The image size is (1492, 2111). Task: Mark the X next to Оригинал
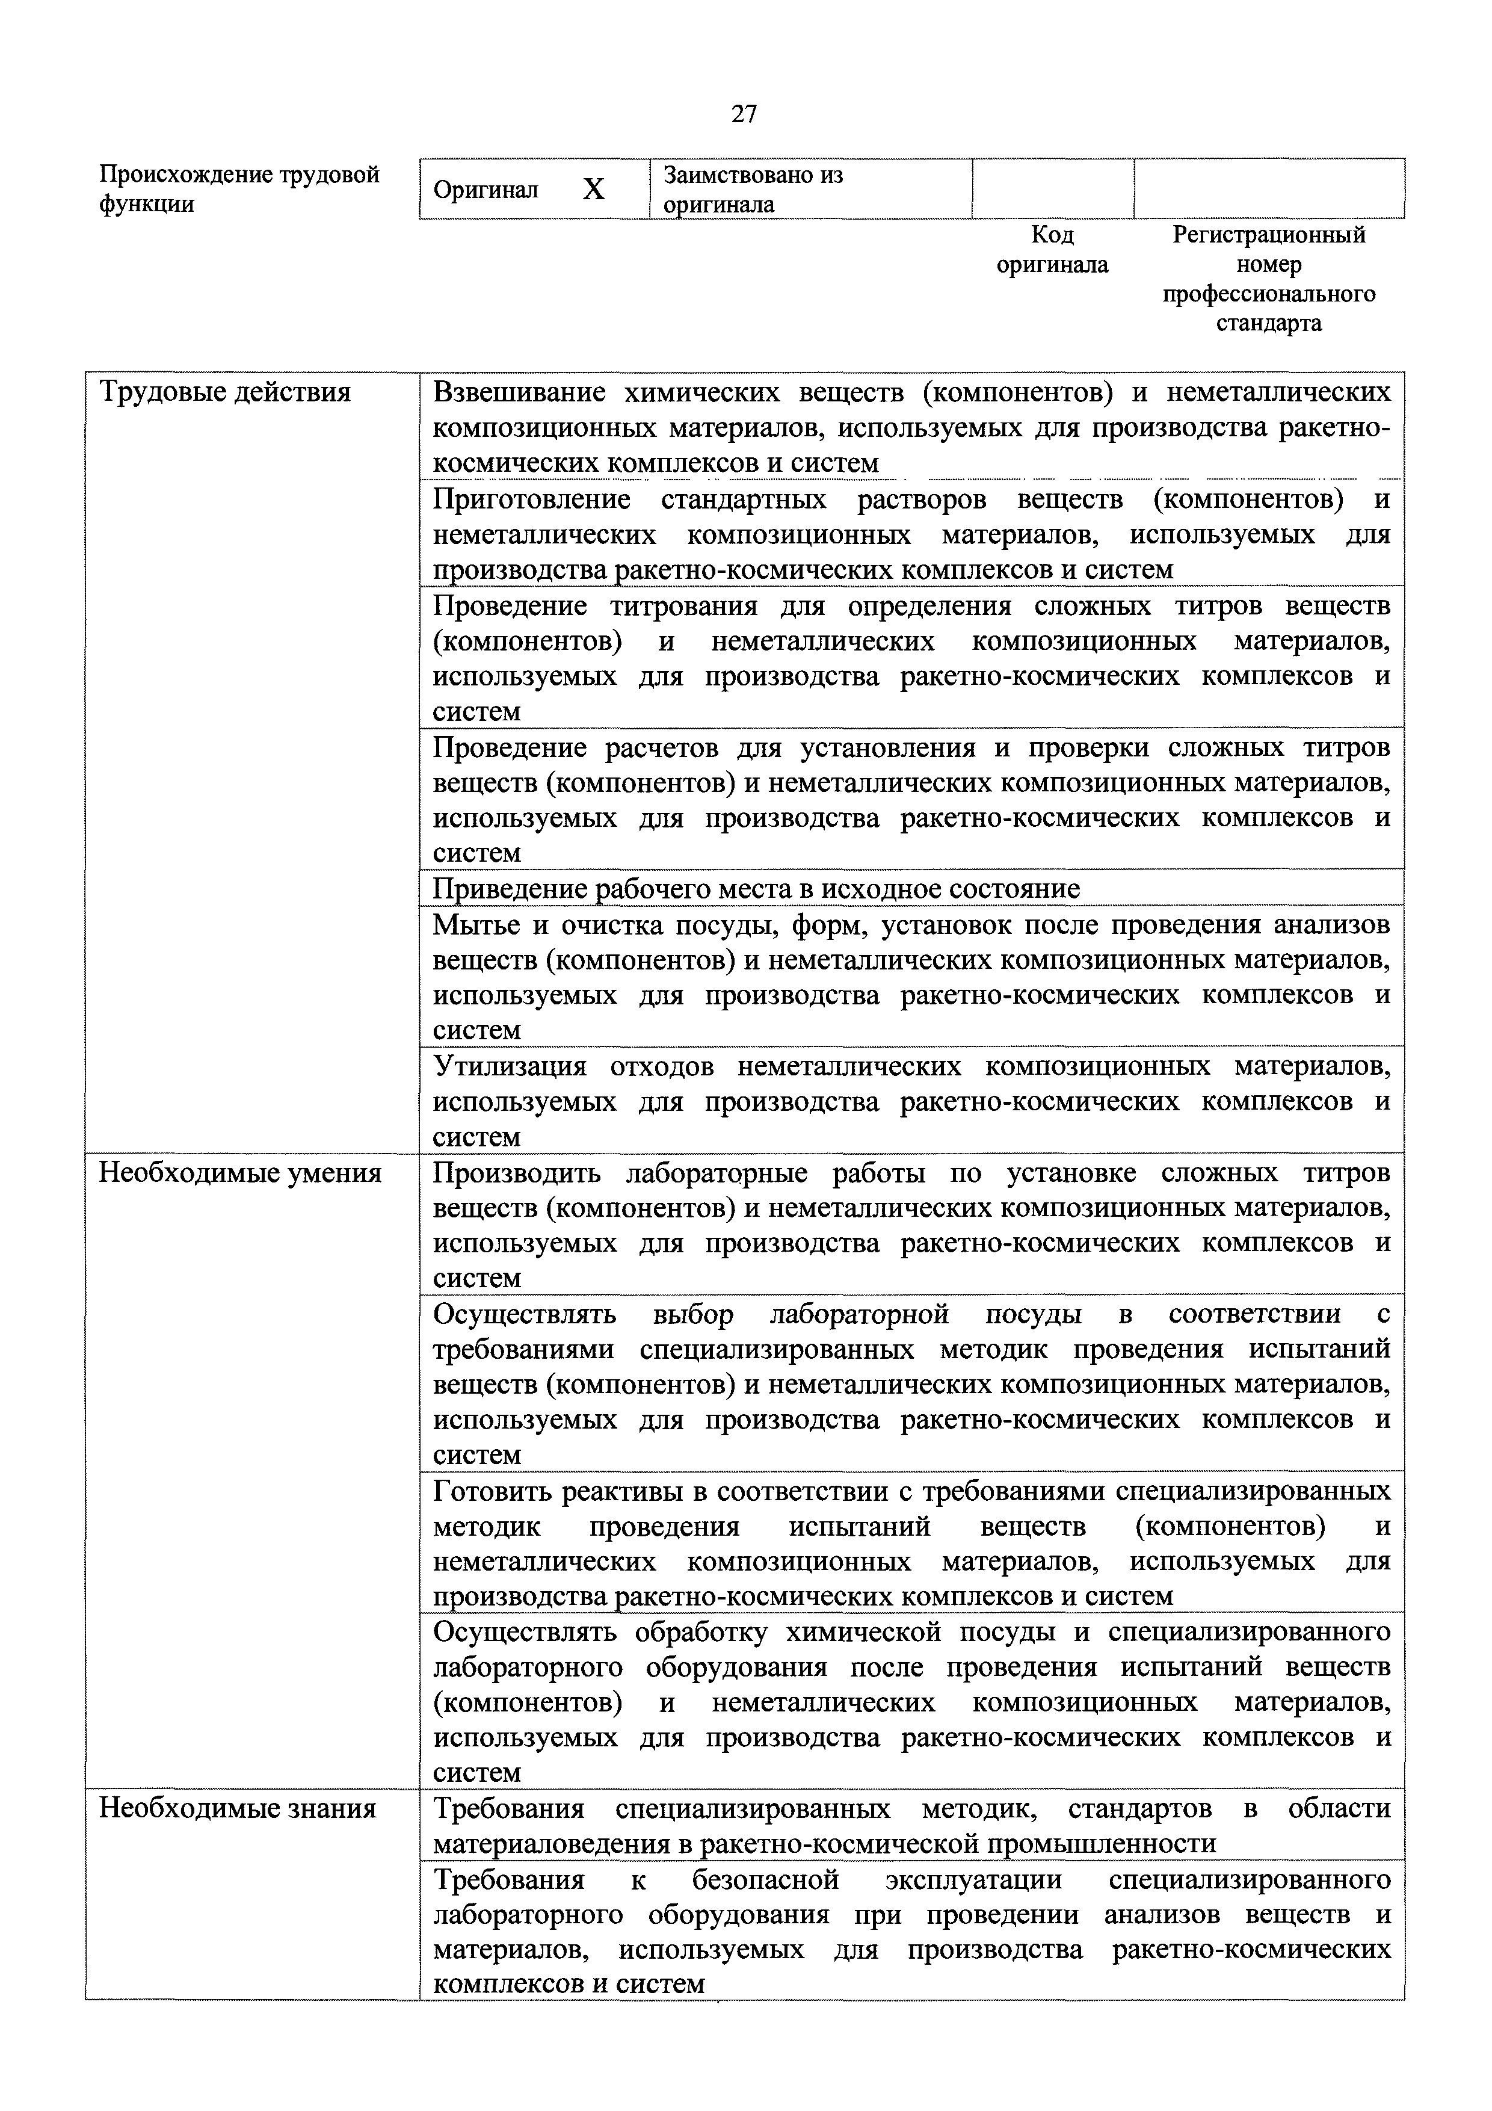click(594, 190)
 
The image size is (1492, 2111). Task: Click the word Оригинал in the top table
click(486, 190)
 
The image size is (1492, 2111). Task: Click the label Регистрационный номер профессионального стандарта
click(1269, 279)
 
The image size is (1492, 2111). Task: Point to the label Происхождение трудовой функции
click(238, 188)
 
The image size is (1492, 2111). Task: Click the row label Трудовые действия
click(224, 392)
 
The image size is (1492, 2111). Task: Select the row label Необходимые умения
click(240, 1173)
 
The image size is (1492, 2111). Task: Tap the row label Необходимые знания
click(237, 1808)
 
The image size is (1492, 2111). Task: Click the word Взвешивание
click(519, 392)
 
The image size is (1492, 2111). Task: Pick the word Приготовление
click(531, 499)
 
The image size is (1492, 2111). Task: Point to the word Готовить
click(492, 1491)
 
